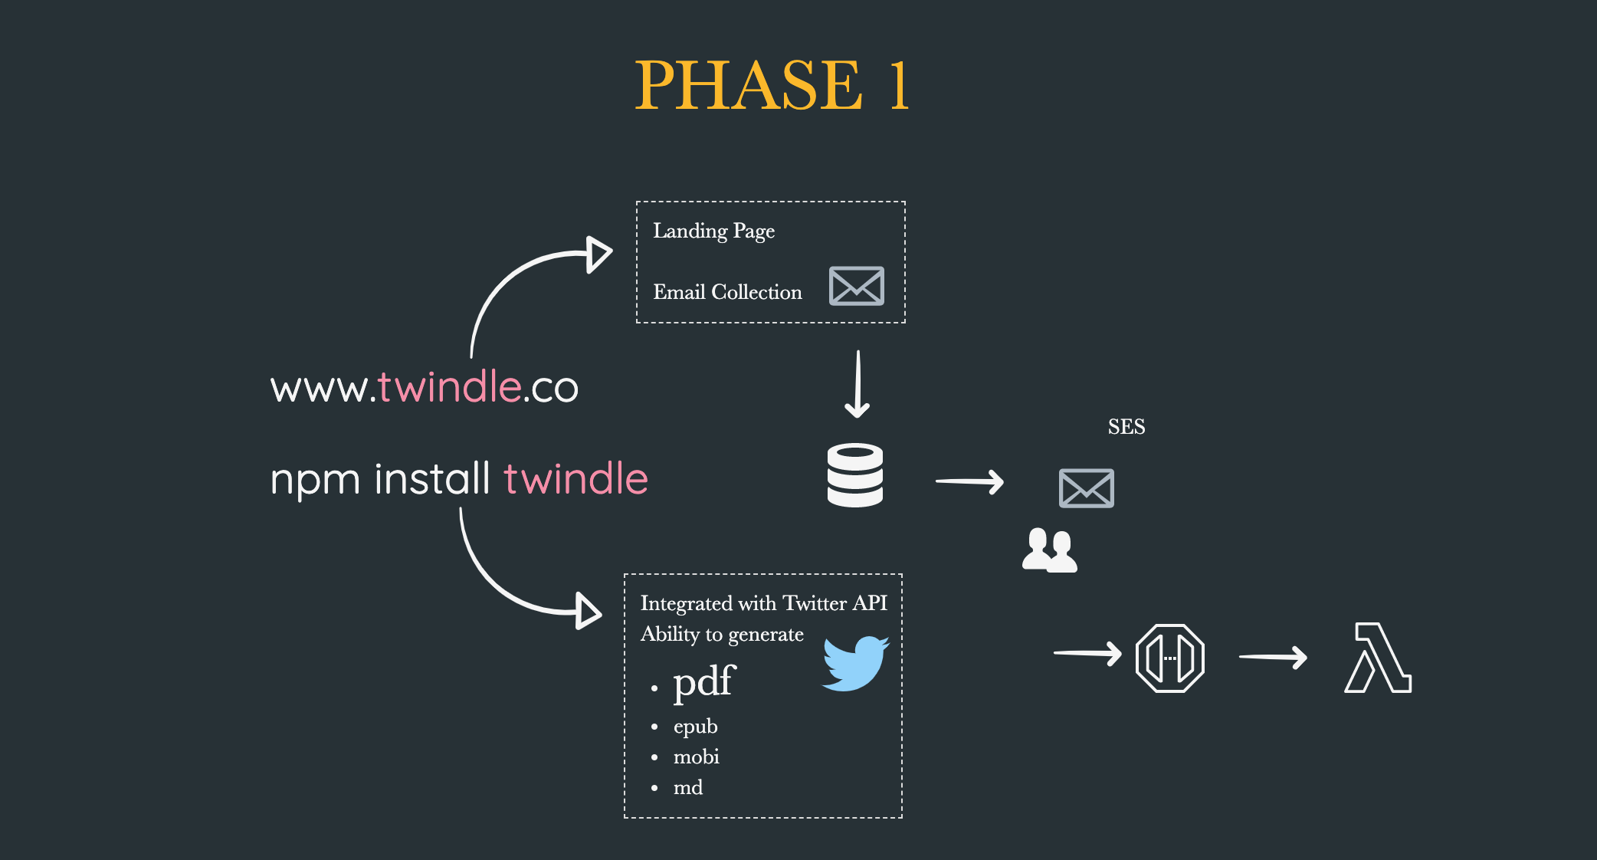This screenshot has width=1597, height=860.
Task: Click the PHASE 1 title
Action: point(772,85)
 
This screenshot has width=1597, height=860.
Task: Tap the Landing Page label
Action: point(713,231)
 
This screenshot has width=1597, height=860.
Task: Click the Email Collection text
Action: point(727,292)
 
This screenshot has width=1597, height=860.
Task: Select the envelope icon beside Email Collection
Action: point(856,286)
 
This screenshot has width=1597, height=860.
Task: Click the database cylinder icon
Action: point(855,475)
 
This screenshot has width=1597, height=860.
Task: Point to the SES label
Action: point(1126,427)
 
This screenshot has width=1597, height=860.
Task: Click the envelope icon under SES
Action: point(1086,488)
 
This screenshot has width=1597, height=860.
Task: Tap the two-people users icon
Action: point(1050,550)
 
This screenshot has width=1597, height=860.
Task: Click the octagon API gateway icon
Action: point(1169,658)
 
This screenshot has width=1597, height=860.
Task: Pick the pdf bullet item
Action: point(703,681)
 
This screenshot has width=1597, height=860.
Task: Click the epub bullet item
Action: point(695,726)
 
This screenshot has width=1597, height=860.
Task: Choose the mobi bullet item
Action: point(696,757)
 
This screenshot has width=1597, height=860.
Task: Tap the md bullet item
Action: point(687,788)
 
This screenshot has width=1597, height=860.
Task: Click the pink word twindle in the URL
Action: point(450,386)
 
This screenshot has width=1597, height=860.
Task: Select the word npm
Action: point(315,480)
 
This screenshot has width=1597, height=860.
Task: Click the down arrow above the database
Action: point(858,384)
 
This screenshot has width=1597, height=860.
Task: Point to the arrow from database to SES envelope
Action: point(969,482)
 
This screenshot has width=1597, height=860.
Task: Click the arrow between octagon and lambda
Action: point(1273,657)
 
